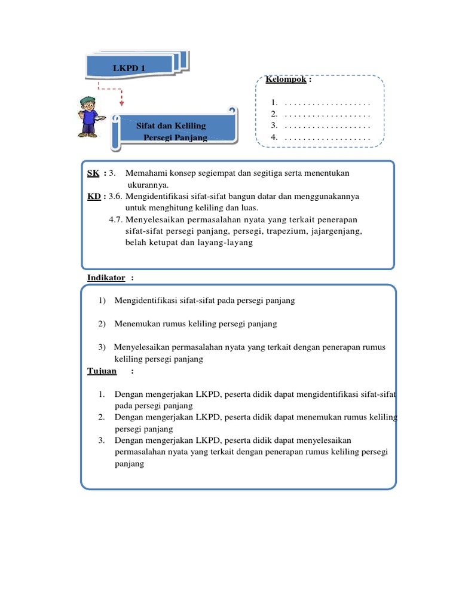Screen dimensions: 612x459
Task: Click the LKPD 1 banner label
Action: (129, 69)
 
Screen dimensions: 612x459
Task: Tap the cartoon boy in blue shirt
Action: (88, 116)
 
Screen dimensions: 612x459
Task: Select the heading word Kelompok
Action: (286, 79)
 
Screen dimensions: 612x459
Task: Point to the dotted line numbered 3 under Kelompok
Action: (328, 126)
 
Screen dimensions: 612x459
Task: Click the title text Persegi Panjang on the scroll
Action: (176, 137)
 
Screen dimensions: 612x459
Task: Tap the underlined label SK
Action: (93, 173)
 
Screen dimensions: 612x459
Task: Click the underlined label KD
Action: (93, 195)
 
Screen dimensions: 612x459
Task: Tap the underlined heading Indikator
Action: (106, 278)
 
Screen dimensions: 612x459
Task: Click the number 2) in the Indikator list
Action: (102, 324)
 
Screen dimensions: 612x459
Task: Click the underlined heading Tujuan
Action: (102, 371)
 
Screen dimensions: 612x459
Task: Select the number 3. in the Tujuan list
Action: (102, 440)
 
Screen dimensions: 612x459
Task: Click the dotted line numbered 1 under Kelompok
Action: (328, 103)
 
